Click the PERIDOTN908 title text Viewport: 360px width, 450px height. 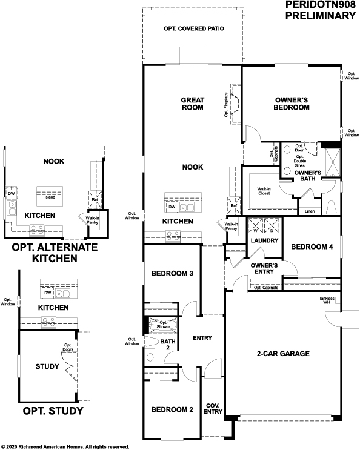point(320,5)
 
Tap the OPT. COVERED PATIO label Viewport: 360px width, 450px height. point(193,29)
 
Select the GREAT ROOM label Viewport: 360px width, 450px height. point(193,104)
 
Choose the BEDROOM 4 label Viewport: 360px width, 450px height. point(312,247)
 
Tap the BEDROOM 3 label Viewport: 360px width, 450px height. point(172,274)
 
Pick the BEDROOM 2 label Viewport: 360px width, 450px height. point(172,409)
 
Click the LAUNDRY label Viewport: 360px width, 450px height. point(264,241)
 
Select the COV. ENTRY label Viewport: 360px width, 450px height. point(213,409)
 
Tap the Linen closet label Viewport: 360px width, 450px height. point(309,211)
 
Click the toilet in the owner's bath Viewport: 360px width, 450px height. point(331,208)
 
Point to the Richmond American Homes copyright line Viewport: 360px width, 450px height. point(65,446)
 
